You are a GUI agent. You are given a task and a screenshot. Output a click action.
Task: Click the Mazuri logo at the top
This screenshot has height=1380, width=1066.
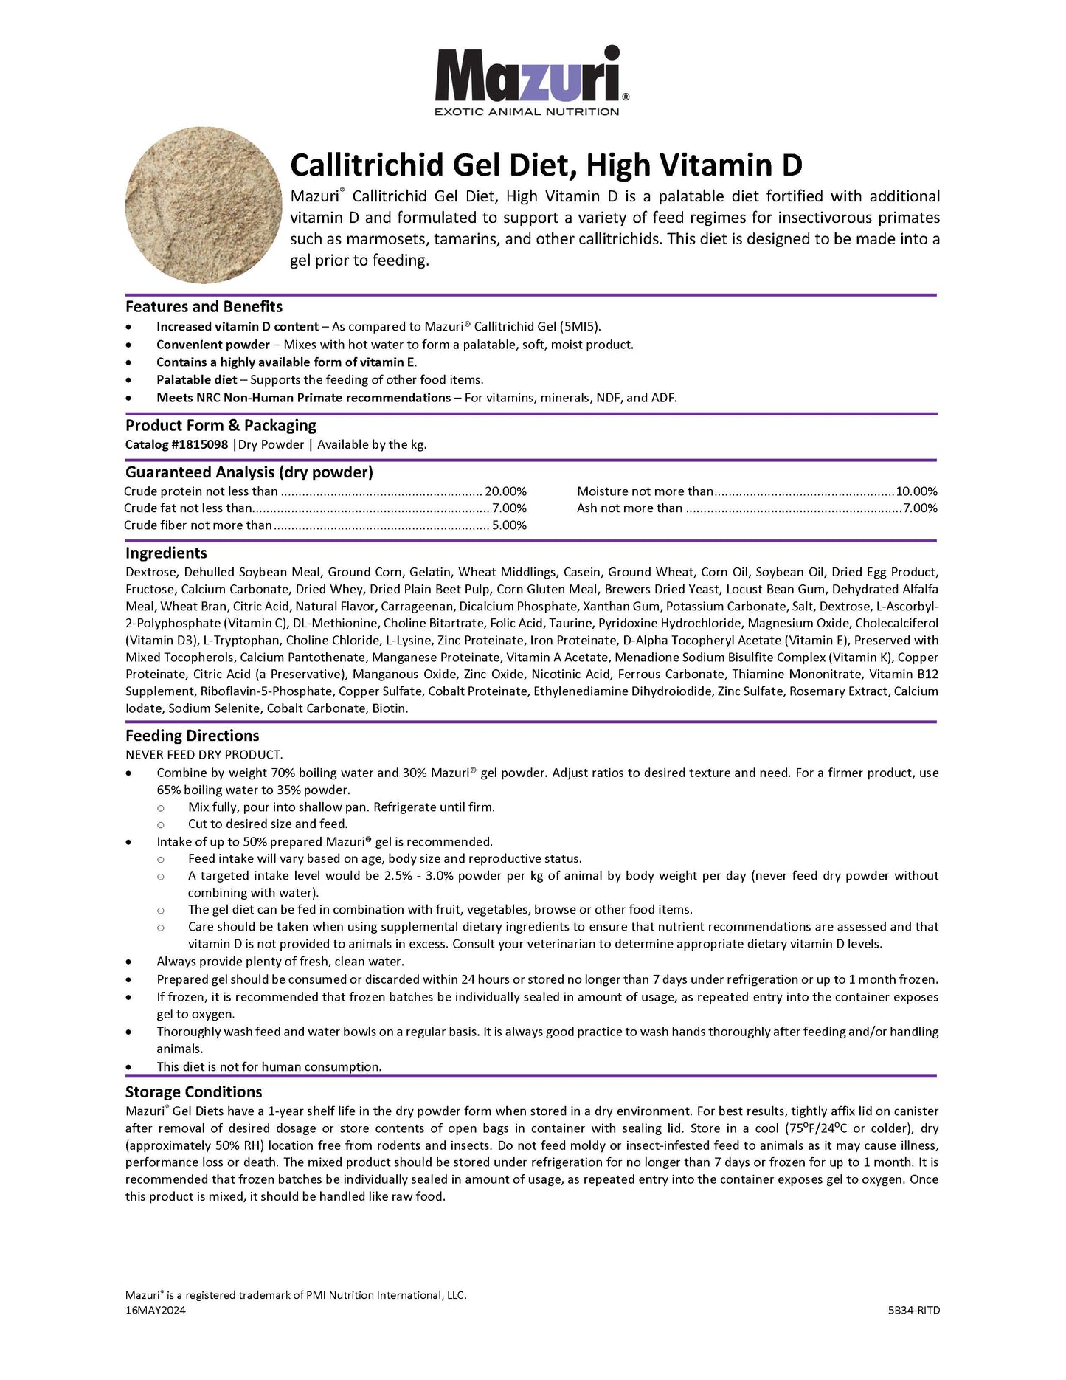coord(531,75)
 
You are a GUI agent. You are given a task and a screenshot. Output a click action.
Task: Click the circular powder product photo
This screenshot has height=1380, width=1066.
coord(204,205)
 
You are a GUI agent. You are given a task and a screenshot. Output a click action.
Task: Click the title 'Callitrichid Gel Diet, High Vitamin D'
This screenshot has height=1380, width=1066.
coord(546,165)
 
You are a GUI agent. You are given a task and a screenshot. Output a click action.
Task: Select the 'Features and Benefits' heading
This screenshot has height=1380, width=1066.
coord(204,307)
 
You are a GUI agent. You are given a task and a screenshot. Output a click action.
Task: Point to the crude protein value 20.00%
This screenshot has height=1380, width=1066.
coord(505,491)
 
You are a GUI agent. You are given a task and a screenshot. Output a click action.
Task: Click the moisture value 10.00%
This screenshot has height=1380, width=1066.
coord(916,491)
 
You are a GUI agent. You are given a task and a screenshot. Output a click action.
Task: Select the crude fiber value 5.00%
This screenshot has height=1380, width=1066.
coord(509,525)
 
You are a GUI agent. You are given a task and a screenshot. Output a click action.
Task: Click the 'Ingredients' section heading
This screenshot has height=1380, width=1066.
coord(166,553)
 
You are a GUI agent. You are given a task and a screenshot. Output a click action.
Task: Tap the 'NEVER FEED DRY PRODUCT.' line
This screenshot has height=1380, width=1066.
coord(204,754)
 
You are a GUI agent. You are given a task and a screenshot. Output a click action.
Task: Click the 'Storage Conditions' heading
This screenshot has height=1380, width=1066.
coord(193,1092)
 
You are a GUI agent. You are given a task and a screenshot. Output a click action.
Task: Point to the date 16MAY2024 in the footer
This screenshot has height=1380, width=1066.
coord(156,1311)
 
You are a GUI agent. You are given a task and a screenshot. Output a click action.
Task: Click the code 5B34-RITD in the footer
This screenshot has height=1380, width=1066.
coord(914,1311)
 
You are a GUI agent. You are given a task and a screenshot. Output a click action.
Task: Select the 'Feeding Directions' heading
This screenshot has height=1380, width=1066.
coord(192,736)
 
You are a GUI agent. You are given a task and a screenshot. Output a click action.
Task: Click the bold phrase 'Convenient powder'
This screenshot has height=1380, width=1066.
coord(213,345)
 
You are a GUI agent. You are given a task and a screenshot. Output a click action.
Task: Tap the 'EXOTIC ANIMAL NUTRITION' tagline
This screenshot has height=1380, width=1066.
coord(527,112)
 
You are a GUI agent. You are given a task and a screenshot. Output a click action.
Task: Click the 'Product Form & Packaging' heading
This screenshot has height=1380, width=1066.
coord(221,426)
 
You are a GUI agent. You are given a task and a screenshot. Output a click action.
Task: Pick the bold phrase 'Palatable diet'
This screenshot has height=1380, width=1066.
coord(197,380)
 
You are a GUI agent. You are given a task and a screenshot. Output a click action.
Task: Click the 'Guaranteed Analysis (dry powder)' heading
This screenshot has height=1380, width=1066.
coord(249,472)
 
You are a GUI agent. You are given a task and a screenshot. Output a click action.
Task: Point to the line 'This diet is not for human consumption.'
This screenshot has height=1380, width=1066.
coord(269,1066)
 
